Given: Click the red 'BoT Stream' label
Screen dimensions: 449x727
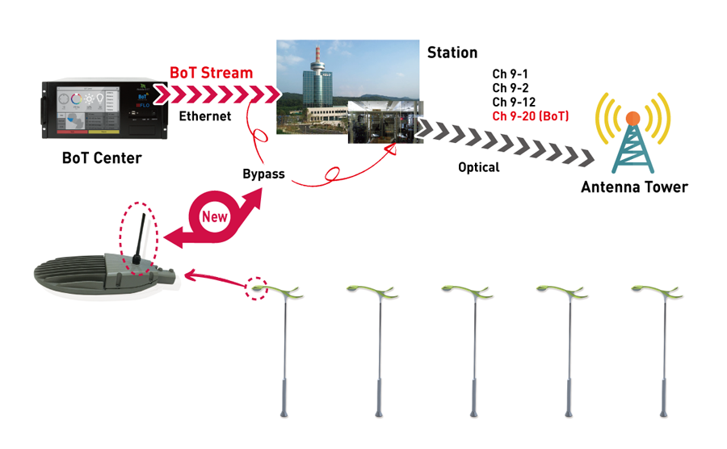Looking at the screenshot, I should click(211, 73).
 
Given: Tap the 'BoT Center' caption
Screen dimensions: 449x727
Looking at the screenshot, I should click(102, 158).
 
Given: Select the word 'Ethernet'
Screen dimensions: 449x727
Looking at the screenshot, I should click(204, 116).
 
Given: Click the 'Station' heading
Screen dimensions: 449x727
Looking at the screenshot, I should click(452, 52).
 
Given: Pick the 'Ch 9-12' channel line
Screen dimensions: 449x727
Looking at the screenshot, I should click(513, 103).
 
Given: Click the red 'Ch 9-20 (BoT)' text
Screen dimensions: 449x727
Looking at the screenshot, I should click(531, 117).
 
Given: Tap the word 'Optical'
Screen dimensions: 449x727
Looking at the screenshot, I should click(479, 168).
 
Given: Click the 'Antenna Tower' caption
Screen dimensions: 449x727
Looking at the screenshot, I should click(634, 187).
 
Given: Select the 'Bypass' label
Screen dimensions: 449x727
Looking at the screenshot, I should click(263, 174).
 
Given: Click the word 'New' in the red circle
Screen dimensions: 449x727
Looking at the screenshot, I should click(214, 216).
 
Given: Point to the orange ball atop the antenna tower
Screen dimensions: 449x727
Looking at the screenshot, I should click(632, 119).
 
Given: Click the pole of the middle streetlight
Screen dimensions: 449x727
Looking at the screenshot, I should click(473, 355).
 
